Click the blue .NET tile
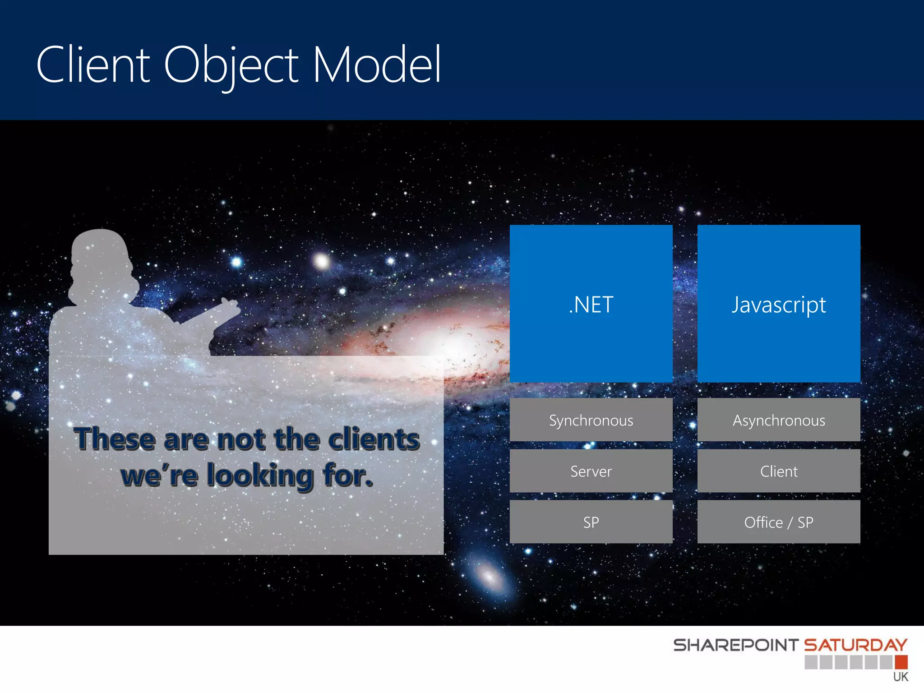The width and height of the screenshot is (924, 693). click(591, 304)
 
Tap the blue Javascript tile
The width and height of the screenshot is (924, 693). click(779, 304)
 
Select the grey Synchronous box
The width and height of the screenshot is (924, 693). click(591, 420)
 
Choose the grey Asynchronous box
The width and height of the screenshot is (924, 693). click(779, 420)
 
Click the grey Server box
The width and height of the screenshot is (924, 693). click(591, 471)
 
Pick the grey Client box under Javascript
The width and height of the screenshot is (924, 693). click(779, 471)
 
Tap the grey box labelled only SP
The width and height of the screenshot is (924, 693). click(591, 522)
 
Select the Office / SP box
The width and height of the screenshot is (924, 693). click(779, 522)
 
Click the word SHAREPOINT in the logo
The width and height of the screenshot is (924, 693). click(735, 645)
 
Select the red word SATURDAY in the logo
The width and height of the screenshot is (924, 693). click(855, 645)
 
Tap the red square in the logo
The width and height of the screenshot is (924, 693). click(901, 662)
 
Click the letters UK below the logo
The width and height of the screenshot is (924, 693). click(901, 677)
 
